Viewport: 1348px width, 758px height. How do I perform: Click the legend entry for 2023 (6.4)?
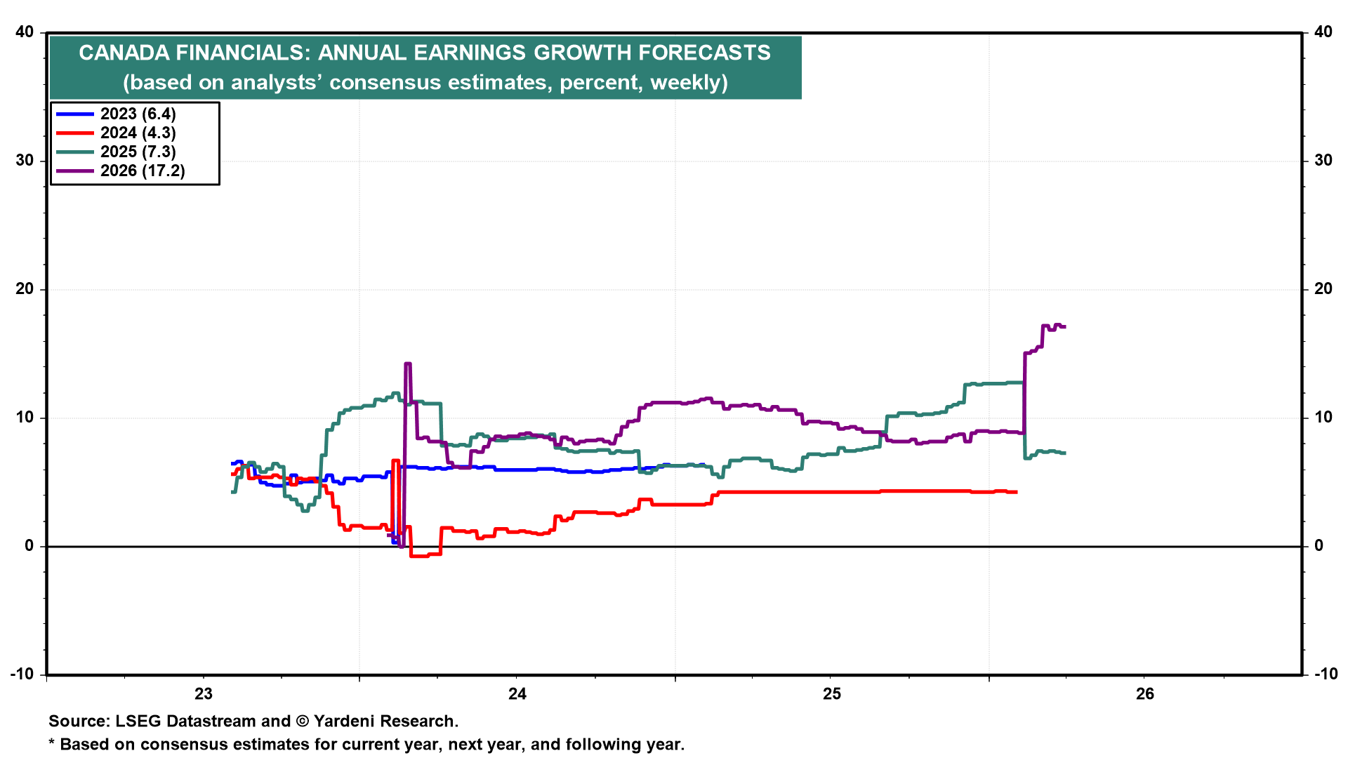coord(138,114)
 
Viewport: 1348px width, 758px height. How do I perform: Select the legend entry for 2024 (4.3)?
coord(138,133)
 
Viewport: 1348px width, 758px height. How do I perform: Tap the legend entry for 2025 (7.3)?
coord(138,152)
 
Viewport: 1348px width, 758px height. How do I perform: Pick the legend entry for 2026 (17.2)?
coord(143,171)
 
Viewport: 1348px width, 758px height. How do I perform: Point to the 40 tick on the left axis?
coord(25,32)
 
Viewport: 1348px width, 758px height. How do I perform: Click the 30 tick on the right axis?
coord(1323,161)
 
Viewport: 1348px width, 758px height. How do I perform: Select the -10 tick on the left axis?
coord(22,674)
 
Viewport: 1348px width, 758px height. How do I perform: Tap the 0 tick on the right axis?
coord(1319,546)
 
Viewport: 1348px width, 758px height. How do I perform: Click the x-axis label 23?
coord(203,694)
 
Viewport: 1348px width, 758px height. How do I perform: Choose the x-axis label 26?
coord(1144,694)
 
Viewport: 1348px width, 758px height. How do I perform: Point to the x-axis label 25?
coord(831,694)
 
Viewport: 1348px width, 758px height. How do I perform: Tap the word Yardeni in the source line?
coord(345,722)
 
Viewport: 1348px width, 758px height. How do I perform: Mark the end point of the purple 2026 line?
coord(1065,327)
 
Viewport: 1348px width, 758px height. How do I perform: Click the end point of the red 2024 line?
coord(1016,492)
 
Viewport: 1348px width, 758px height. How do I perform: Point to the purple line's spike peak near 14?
coord(408,364)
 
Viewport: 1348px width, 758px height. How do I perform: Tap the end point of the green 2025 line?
coord(1065,453)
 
